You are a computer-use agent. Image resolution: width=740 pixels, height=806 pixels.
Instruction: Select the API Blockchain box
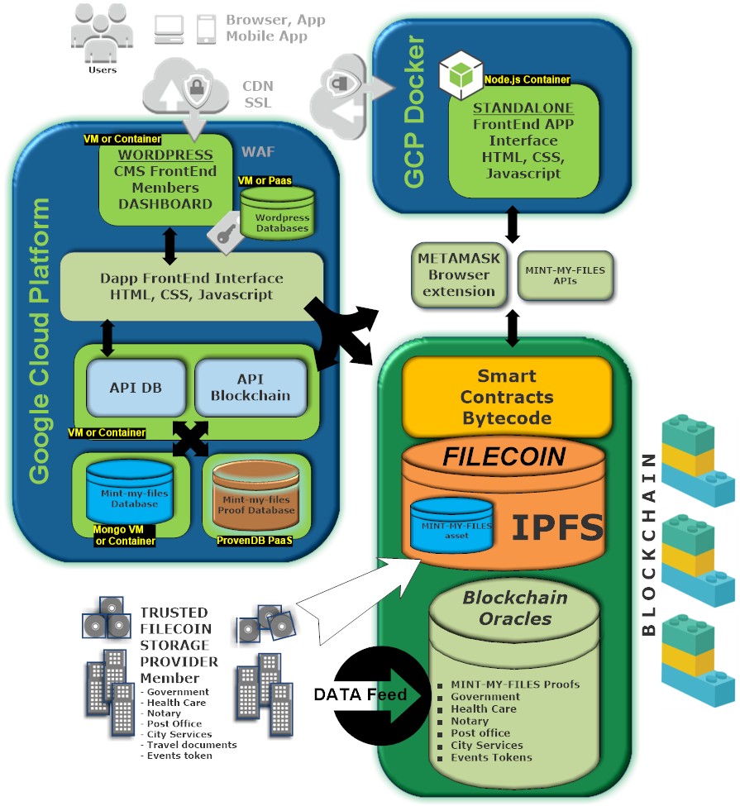point(251,388)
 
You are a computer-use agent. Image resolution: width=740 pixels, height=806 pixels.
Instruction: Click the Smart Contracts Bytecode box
point(507,396)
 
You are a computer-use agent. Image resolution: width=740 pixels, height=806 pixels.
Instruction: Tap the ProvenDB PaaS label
point(255,541)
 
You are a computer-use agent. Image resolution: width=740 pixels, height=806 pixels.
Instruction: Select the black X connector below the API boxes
point(190,438)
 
